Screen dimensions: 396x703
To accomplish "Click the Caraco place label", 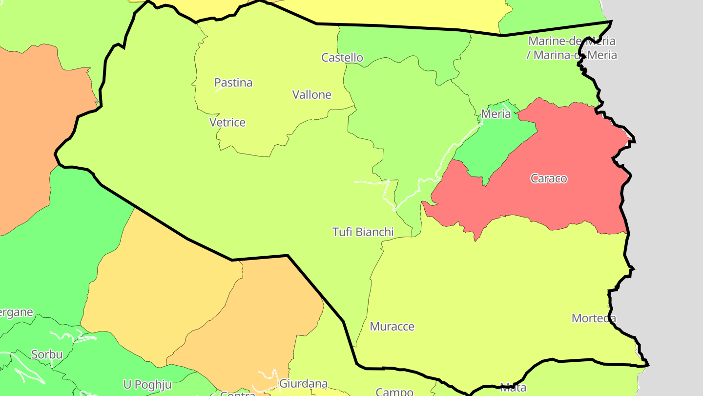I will click(x=549, y=178).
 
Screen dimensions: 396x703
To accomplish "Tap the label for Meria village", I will click(x=496, y=114).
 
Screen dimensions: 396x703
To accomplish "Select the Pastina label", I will click(x=233, y=83).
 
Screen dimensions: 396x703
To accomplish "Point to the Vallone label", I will click(x=311, y=95).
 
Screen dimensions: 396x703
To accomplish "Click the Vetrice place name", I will click(x=227, y=122).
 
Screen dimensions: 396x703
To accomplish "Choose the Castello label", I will click(x=342, y=58).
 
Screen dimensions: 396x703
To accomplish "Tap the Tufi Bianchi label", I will click(x=363, y=232).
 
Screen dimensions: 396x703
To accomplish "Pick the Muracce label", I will click(x=392, y=327).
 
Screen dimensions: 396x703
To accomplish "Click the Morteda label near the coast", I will click(x=594, y=318).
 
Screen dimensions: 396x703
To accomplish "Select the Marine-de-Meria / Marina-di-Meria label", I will click(x=572, y=48).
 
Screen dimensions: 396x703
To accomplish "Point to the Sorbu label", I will click(x=47, y=354).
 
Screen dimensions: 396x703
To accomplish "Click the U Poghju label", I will click(x=147, y=384).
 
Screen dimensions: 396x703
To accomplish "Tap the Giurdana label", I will click(x=303, y=383).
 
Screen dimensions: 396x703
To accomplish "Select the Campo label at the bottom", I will click(x=394, y=392).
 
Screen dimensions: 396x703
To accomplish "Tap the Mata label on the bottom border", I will click(x=513, y=388).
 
